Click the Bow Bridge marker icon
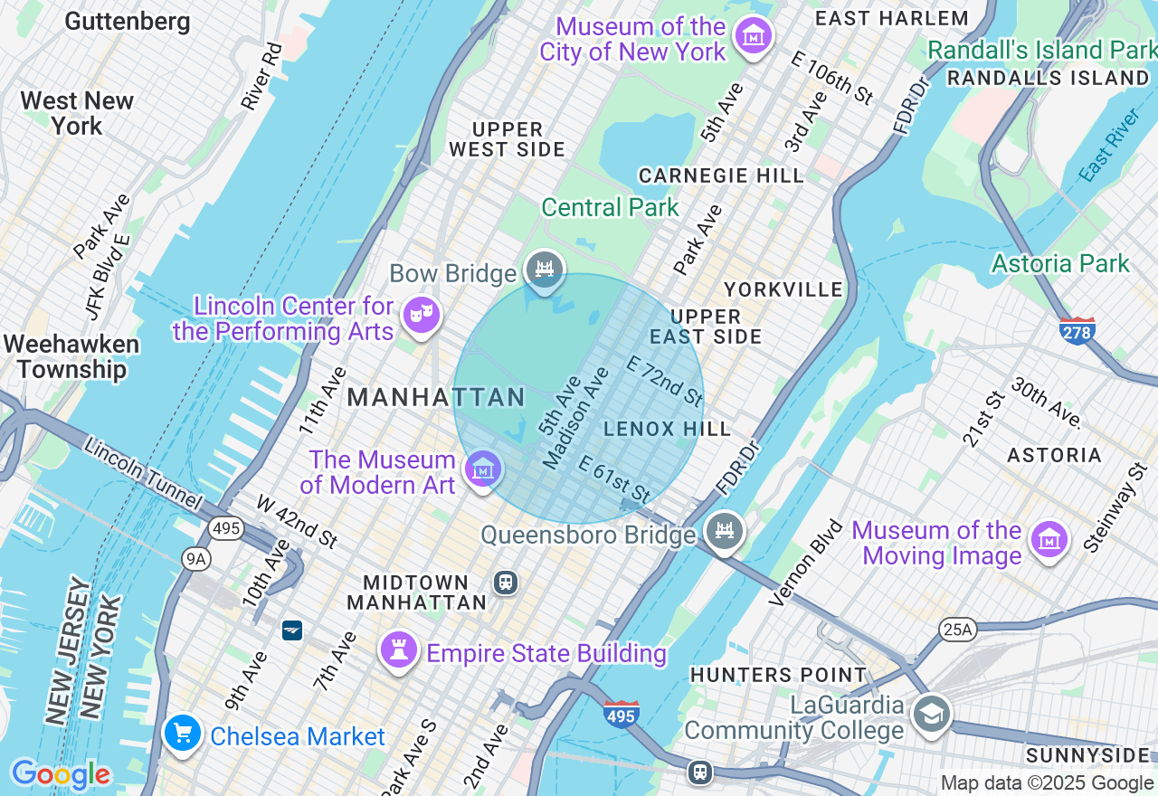tap(544, 270)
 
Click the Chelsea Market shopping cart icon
tap(183, 734)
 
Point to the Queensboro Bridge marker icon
tap(726, 531)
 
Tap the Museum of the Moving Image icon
tap(1049, 540)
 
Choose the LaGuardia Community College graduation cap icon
tap(930, 714)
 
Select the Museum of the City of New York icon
tap(753, 36)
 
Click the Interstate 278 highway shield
tap(1077, 331)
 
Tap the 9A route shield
tap(195, 559)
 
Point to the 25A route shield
tap(957, 629)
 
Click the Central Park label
tap(610, 207)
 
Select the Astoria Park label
tap(1060, 263)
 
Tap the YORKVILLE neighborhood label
tap(783, 289)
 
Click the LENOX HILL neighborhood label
tap(667, 429)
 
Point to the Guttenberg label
tap(128, 22)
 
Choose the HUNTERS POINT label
tap(778, 675)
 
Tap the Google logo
tap(61, 774)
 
